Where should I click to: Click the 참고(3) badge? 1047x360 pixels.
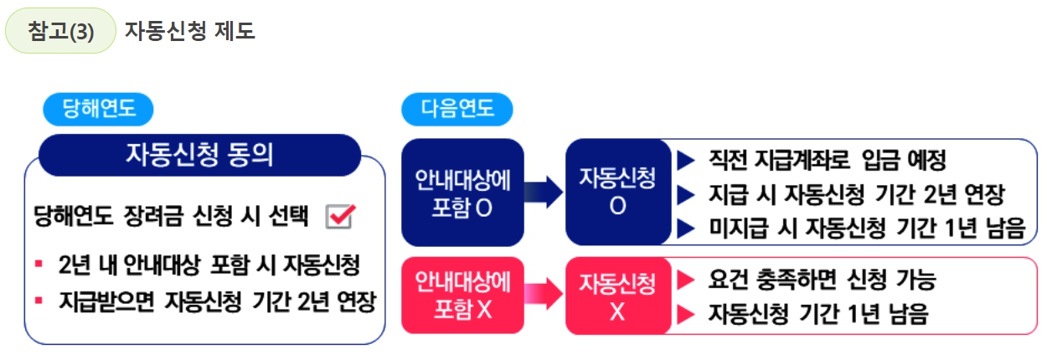coord(60,31)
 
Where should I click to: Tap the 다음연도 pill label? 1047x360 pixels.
coord(456,109)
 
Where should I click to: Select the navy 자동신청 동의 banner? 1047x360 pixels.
coord(199,156)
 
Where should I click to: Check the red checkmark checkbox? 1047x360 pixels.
coord(339,216)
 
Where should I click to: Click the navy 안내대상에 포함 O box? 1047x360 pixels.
coord(462,192)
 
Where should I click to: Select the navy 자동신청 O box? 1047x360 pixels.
coord(617,192)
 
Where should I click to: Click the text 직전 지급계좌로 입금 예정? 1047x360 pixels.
coord(828,158)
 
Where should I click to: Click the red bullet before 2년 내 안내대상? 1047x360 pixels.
coord(39,265)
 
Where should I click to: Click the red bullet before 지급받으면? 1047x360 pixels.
coord(39,299)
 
